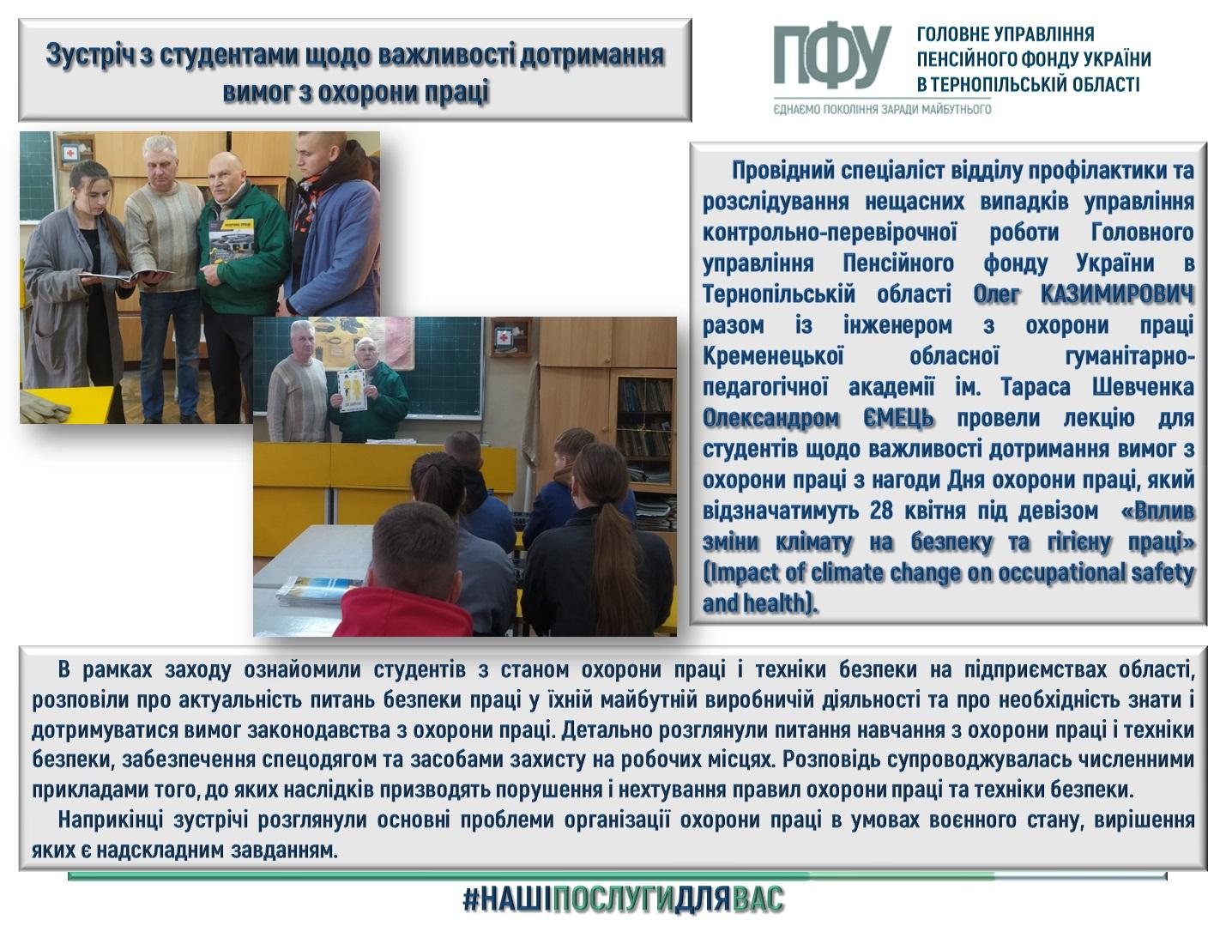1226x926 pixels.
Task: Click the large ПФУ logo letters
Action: (831, 56)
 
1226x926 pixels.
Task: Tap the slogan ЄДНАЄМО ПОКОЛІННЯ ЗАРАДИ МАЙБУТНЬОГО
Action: (883, 109)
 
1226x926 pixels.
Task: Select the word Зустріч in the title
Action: (90, 55)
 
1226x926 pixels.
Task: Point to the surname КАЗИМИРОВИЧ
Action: (1117, 294)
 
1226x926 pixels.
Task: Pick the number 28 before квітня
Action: (881, 511)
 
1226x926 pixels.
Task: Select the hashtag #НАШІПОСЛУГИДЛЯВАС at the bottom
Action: (624, 899)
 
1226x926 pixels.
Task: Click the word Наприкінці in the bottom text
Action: (110, 820)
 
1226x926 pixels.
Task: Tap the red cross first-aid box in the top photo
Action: (69, 153)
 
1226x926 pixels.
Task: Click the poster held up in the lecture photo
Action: (351, 390)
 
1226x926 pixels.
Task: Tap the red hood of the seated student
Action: (403, 612)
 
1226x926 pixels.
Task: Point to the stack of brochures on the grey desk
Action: (316, 590)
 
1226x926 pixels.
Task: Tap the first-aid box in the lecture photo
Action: (504, 337)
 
